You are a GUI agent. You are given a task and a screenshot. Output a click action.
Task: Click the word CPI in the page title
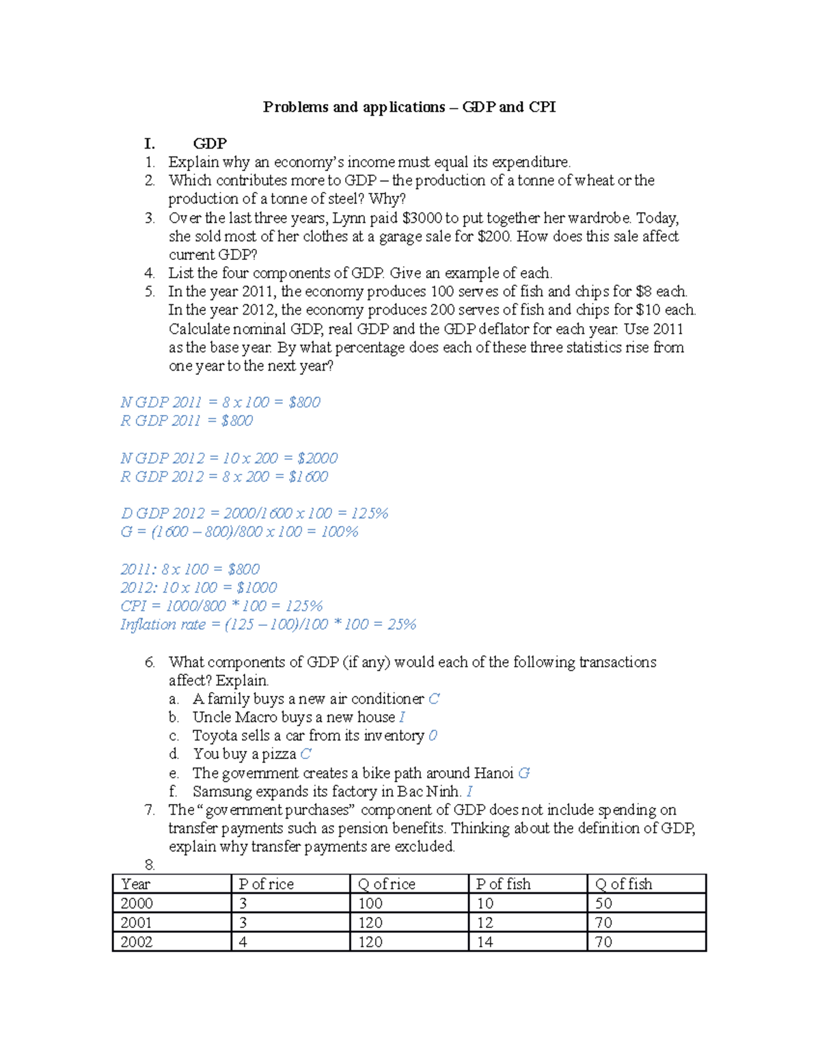coord(542,107)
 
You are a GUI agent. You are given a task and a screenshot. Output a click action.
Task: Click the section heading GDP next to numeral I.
coord(210,144)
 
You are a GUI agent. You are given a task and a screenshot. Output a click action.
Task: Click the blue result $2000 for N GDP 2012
coord(317,458)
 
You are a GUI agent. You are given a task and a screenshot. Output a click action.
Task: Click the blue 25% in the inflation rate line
coord(402,624)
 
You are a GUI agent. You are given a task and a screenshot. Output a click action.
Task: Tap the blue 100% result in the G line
coord(340,532)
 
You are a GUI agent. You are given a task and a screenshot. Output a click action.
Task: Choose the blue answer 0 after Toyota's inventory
coord(433,736)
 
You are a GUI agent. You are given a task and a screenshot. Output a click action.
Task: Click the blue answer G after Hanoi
coord(524,773)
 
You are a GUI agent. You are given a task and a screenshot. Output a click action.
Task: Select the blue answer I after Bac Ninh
coord(469,792)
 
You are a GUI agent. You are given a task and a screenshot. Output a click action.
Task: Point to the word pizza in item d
coord(279,754)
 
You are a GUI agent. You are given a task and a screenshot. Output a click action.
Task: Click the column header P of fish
coord(504,884)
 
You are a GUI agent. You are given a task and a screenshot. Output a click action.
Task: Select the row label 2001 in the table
coord(137,922)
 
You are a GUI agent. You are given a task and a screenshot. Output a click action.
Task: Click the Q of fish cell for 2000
coord(603,903)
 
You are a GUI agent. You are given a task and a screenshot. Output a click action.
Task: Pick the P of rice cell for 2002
coord(243,942)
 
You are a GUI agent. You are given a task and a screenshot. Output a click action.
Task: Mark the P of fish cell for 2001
coord(484,922)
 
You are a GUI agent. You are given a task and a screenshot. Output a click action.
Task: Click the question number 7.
coord(150,810)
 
